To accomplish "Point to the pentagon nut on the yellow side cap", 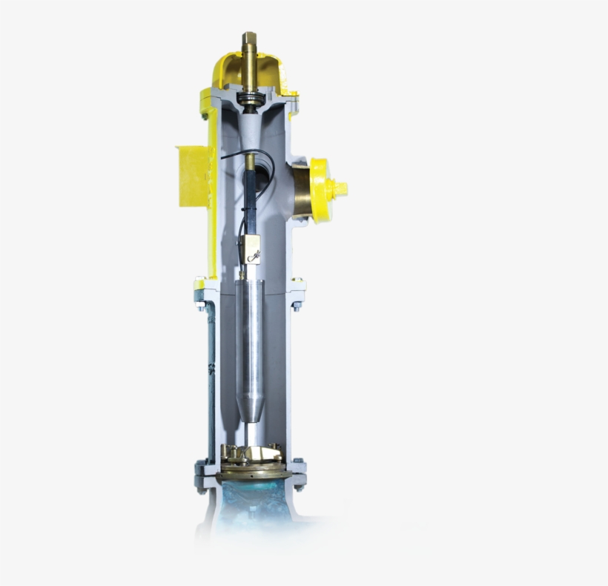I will click(x=340, y=189).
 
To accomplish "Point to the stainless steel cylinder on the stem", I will click(x=250, y=334).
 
